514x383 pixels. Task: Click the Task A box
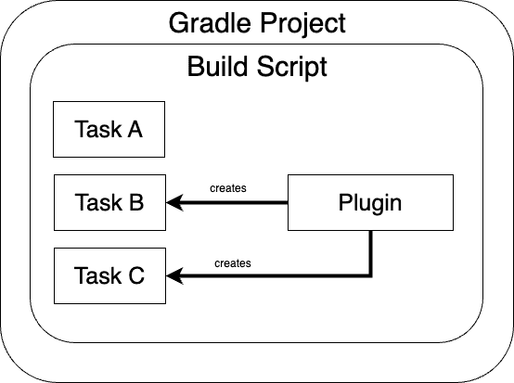click(109, 130)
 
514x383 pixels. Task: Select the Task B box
click(109, 202)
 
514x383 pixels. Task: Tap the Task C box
click(109, 275)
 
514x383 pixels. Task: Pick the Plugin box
click(370, 202)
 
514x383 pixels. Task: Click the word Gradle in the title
click(210, 23)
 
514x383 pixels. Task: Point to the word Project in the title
click(302, 23)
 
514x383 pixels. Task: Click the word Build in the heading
click(217, 66)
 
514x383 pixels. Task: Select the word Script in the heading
click(291, 67)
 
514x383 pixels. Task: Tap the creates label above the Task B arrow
click(228, 188)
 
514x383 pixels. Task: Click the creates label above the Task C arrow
click(233, 263)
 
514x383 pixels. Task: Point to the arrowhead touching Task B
click(174, 202)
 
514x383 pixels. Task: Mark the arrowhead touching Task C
click(174, 275)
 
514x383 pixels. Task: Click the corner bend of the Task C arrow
click(371, 275)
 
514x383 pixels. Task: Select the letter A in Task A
click(135, 129)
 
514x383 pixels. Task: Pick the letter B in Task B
click(136, 202)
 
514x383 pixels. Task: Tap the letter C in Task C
click(136, 275)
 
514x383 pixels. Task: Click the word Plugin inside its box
click(370, 204)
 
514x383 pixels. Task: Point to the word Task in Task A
click(98, 129)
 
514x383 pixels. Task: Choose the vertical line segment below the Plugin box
click(371, 253)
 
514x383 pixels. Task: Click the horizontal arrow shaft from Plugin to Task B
click(235, 203)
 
